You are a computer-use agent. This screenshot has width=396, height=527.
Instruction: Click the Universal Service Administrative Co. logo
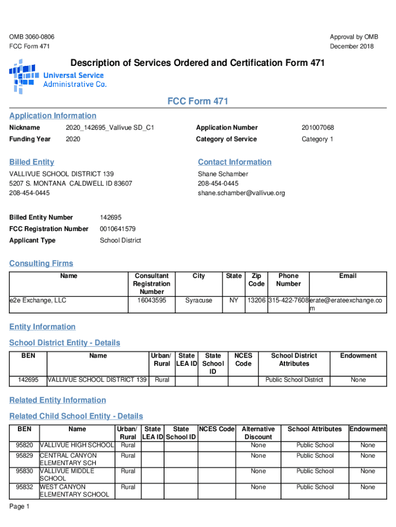58,76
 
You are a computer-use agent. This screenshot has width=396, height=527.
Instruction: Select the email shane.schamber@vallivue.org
241,193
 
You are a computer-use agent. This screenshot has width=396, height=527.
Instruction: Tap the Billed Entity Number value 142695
111,217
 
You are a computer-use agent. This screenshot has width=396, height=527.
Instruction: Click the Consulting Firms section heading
41,263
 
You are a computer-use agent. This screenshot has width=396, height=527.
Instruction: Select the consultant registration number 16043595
151,300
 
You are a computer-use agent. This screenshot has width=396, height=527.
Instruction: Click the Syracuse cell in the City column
199,300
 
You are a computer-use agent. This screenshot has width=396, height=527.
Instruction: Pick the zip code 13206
256,300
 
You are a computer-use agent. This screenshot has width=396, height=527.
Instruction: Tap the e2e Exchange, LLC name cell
38,300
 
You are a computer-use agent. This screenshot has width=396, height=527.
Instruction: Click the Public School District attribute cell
294,380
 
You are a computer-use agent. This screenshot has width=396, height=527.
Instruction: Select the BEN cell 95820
24,445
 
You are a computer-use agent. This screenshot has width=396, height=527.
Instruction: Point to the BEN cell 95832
24,487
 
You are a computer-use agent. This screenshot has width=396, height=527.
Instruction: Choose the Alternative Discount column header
258,433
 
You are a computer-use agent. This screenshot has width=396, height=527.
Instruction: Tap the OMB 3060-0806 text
32,37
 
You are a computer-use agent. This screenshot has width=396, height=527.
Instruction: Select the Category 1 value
317,139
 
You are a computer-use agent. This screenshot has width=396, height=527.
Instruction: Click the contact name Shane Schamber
223,174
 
